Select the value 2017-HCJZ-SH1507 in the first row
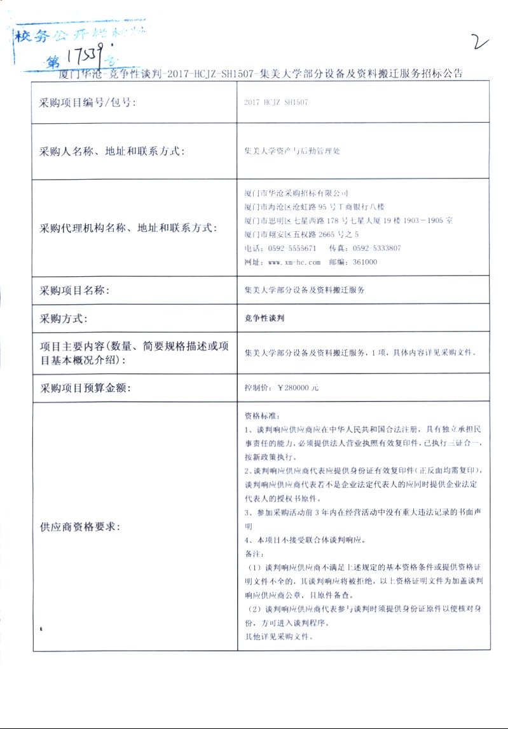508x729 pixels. tap(276, 102)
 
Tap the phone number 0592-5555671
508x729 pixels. tap(292, 248)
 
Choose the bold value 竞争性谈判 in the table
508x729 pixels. tap(264, 319)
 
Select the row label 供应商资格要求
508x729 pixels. tap(79, 527)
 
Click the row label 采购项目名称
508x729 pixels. tap(74, 291)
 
